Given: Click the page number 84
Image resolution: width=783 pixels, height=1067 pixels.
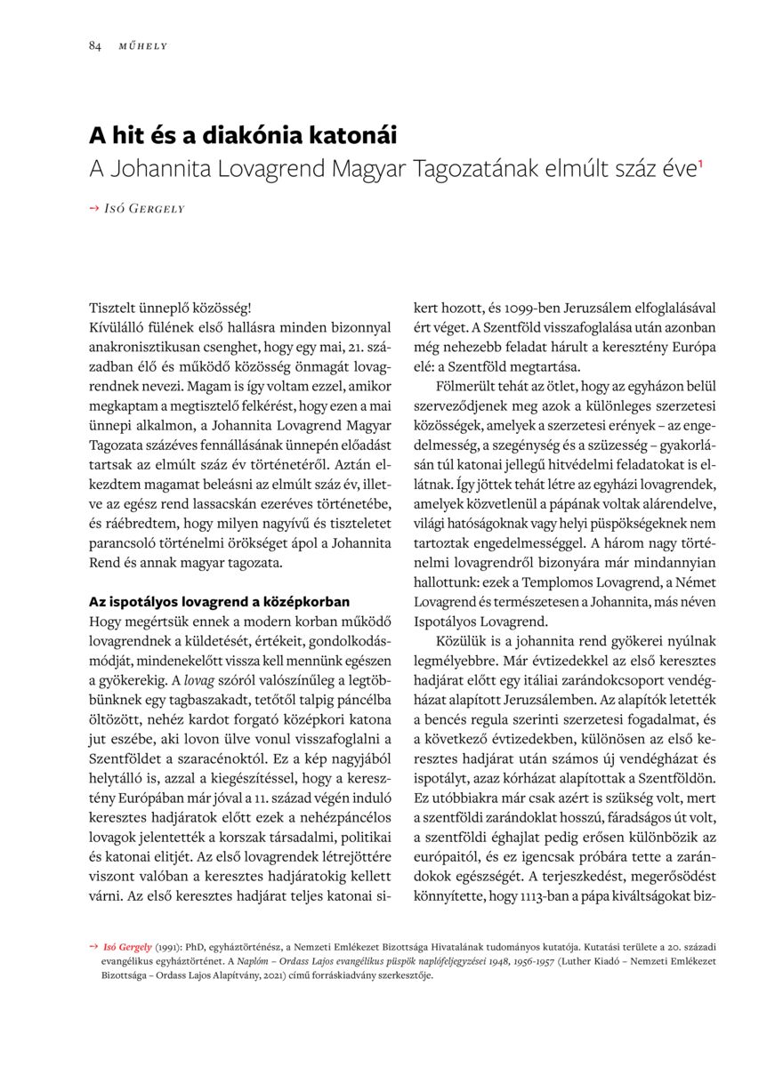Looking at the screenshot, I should click(x=94, y=45).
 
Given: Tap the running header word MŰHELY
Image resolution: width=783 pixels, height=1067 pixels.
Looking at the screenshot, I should click(x=143, y=45).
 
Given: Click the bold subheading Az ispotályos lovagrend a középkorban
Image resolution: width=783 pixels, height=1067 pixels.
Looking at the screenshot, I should click(x=219, y=601).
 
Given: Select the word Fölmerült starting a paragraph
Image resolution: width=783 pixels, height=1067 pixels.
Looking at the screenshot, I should click(x=463, y=386).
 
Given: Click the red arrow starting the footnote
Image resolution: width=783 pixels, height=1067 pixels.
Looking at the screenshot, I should click(x=93, y=947).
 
